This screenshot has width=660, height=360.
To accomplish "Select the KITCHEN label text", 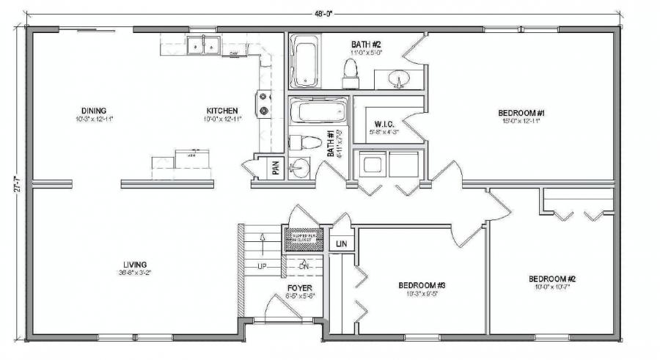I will click(x=221, y=111).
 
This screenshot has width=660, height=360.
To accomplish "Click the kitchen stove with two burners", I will click(x=263, y=103).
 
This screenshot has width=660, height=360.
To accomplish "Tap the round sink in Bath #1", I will click(x=298, y=168).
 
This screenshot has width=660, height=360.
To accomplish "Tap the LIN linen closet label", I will click(x=341, y=243).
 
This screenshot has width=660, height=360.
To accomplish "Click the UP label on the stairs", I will click(x=260, y=265).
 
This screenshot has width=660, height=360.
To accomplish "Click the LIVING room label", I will click(x=135, y=264).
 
